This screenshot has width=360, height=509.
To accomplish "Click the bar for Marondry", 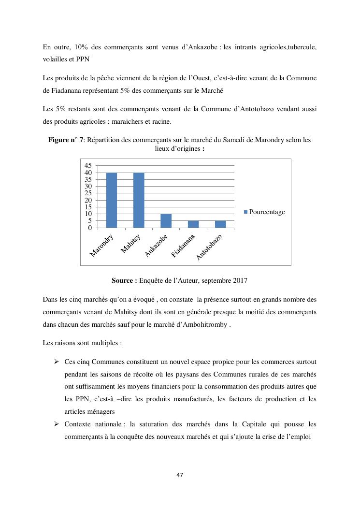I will (112, 200).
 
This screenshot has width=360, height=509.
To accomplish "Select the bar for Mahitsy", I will (139, 200).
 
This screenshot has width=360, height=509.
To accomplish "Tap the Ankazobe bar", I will (166, 220).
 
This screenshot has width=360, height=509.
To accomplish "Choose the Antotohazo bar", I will (220, 224).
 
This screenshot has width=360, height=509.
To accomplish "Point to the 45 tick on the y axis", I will (88, 166).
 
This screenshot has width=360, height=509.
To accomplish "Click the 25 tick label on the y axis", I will (88, 193).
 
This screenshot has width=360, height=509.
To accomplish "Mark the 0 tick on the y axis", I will (90, 228).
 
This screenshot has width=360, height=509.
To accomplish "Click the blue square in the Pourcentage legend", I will (245, 212).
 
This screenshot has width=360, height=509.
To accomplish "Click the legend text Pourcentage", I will (267, 212).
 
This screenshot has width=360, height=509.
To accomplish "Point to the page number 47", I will (180, 475).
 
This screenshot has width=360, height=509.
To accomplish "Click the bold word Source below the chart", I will (124, 280).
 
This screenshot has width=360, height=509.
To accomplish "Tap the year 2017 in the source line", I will (240, 280).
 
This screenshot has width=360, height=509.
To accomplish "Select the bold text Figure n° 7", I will (66, 140).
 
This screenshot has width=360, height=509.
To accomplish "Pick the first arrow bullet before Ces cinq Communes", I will (57, 362).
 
